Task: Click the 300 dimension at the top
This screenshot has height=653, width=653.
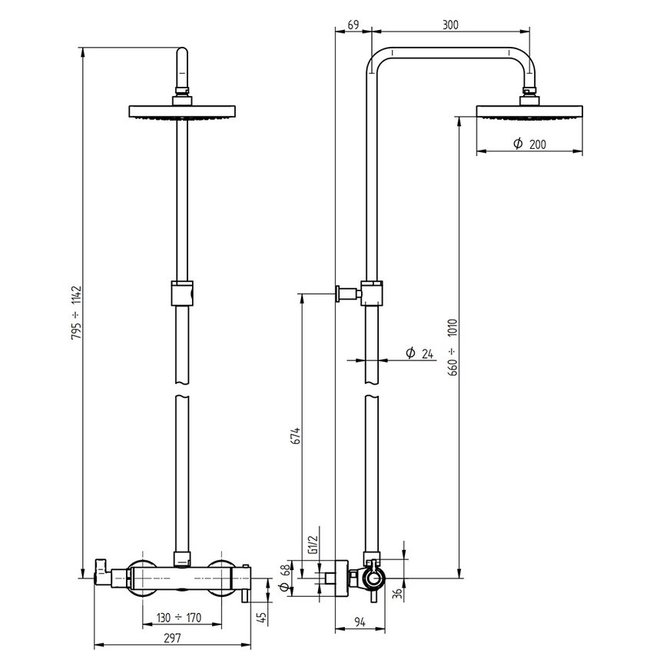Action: click(x=450, y=25)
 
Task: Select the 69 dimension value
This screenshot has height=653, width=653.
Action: click(x=353, y=25)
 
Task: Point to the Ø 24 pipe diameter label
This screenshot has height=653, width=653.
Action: click(x=419, y=353)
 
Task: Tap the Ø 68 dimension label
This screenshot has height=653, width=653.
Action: click(x=286, y=578)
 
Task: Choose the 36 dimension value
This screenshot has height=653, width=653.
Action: click(x=397, y=594)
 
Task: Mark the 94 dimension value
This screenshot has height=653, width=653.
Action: click(x=360, y=622)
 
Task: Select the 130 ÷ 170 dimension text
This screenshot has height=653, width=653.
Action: click(x=177, y=617)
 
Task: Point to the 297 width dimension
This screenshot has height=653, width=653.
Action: click(x=172, y=637)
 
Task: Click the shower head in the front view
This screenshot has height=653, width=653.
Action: click(x=182, y=112)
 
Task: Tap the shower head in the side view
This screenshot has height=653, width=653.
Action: click(x=529, y=112)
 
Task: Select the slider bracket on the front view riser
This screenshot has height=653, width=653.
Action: click(x=182, y=293)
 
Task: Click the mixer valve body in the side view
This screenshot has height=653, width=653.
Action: click(x=371, y=578)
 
